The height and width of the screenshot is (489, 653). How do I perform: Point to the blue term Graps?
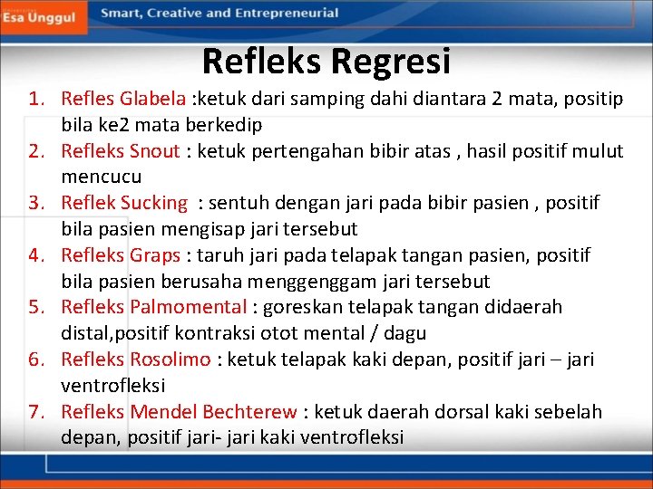click(x=155, y=255)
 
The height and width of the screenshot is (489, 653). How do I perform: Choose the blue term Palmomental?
click(x=188, y=307)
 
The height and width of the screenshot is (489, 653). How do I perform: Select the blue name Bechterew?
click(x=253, y=412)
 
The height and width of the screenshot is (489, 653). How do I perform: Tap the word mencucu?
click(x=102, y=177)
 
